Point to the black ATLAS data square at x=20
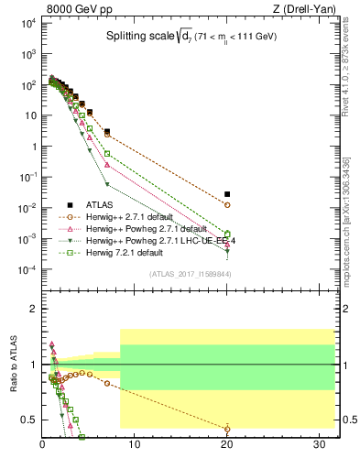click(x=227, y=194)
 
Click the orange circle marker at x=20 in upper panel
click(x=227, y=205)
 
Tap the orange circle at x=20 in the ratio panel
click(x=227, y=429)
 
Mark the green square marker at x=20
click(x=227, y=234)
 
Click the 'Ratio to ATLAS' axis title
click(x=12, y=365)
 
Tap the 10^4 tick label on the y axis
click(x=26, y=23)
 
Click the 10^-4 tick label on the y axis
click(x=26, y=269)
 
